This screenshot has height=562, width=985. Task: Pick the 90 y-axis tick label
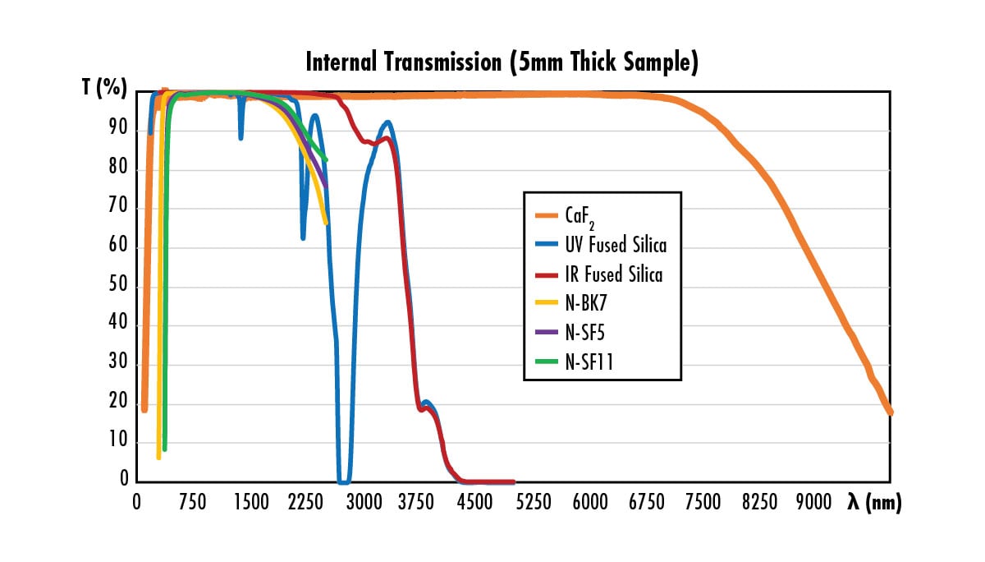click(119, 131)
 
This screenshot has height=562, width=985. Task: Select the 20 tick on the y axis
click(119, 403)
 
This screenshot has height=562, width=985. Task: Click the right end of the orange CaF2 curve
click(890, 411)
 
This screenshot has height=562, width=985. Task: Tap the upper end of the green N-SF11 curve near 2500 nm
click(326, 160)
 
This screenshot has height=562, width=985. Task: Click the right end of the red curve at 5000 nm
click(514, 482)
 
